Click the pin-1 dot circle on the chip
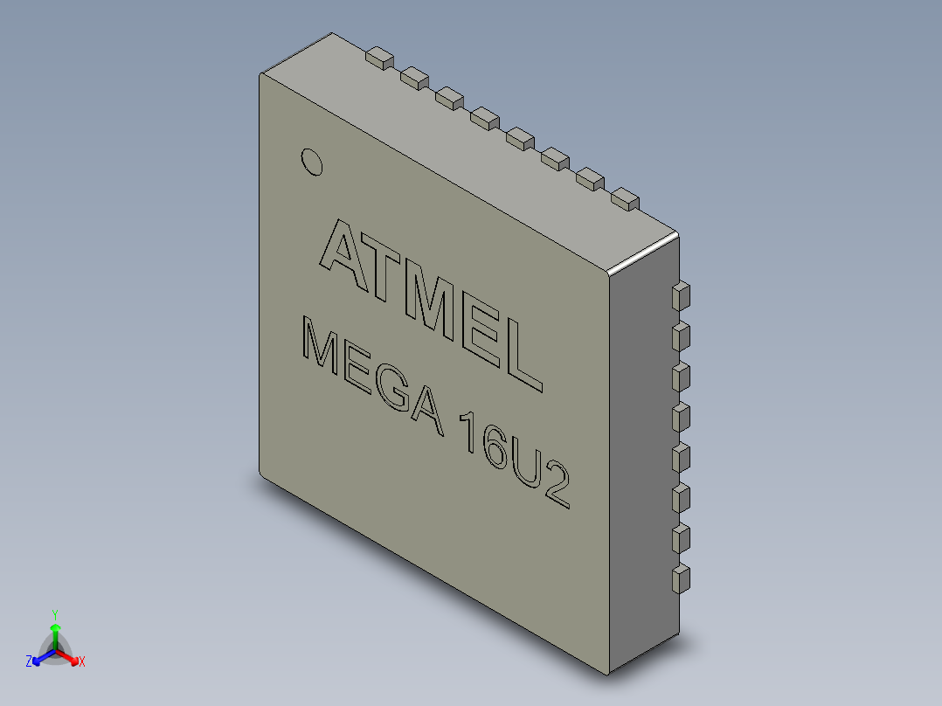tap(311, 163)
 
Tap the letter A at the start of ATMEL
tap(342, 248)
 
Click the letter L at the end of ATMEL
tap(523, 358)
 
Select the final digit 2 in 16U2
tap(557, 490)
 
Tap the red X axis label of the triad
tap(81, 662)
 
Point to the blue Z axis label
tap(29, 662)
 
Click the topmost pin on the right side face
tap(681, 295)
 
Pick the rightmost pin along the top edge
tap(626, 198)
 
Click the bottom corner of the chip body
tap(608, 671)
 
